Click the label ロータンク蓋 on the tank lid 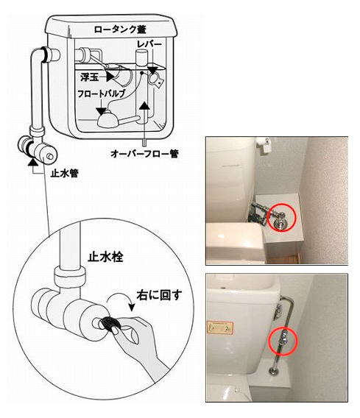[x=120, y=29]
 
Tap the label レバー [x=149, y=44]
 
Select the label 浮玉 [x=90, y=77]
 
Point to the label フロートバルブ [x=102, y=94]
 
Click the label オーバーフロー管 [x=144, y=154]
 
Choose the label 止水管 [x=65, y=174]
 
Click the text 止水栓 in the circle [x=105, y=258]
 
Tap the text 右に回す [x=159, y=295]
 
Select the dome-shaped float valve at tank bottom [x=108, y=119]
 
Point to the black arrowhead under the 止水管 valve [x=33, y=162]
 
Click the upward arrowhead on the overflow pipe [x=145, y=107]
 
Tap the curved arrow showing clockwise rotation [x=121, y=300]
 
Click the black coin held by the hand [x=110, y=323]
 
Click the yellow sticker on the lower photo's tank [x=220, y=327]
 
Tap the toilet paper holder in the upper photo [x=264, y=144]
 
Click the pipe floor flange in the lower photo [x=273, y=371]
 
